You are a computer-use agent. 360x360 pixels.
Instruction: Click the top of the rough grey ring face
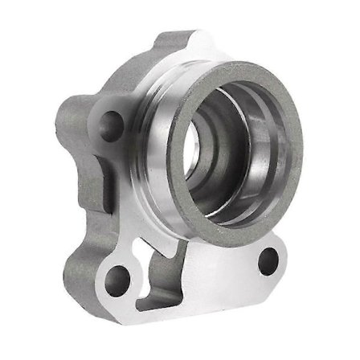(x=241, y=67)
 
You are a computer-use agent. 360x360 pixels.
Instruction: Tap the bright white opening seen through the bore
(x=193, y=153)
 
